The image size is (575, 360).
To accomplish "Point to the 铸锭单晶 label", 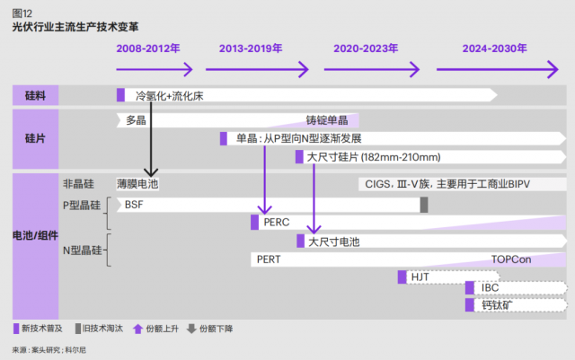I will tap(327, 119).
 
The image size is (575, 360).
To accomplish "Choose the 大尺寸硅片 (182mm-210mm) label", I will tap(367, 157).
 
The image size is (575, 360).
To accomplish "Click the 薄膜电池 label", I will tap(137, 184).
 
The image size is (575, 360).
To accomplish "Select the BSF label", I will tap(133, 205).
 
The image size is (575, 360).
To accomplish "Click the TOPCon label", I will tap(511, 259).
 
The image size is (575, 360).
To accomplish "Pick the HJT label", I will tap(420, 277).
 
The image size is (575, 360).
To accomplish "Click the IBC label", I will tap(491, 288).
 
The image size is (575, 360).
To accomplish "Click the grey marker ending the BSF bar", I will tap(424, 205).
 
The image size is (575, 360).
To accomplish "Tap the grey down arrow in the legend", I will tap(190, 329).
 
